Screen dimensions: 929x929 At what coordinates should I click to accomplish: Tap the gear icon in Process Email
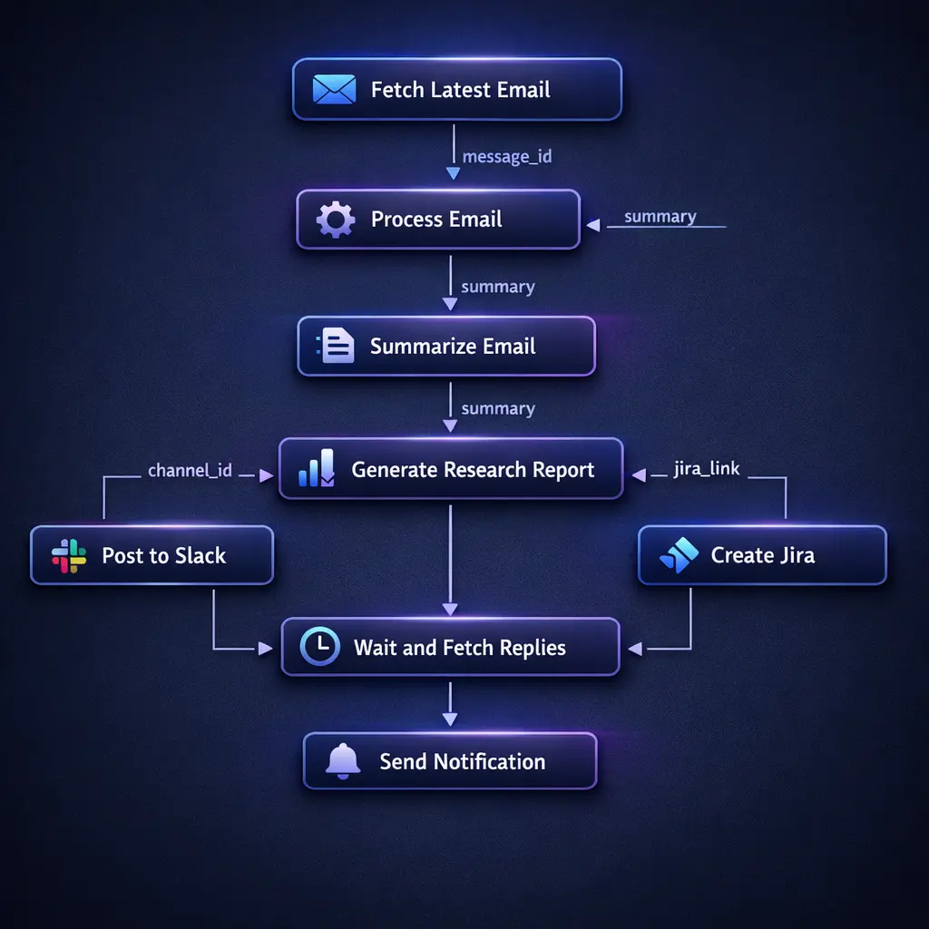335,220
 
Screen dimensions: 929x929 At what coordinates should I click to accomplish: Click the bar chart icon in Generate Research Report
317,469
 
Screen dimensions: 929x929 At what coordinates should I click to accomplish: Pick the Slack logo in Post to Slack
69,555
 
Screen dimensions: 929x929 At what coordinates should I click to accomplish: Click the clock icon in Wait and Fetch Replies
319,647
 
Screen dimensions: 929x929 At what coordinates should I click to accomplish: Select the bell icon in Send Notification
343,761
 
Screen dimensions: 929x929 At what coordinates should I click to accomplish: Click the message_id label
506,157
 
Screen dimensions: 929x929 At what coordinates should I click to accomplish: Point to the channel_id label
190,471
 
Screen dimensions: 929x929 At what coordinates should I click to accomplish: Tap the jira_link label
707,469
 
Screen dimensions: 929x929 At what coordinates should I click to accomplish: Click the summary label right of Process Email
660,217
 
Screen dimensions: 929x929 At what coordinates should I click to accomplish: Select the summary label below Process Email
497,287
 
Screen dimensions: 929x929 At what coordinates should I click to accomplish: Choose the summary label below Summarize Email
497,408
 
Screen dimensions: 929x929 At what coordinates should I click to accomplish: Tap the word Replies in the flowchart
532,648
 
